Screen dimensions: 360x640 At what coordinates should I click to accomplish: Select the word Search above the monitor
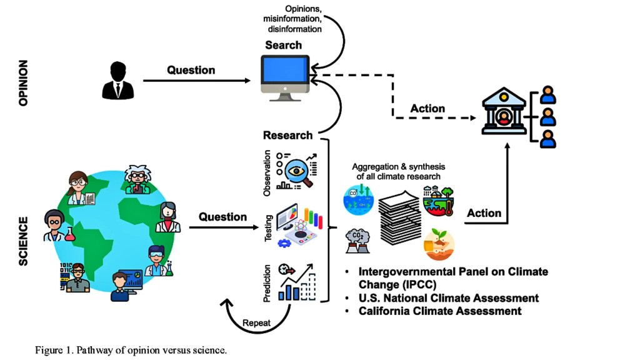point(283,45)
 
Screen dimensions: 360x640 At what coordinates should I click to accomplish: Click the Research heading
point(287,135)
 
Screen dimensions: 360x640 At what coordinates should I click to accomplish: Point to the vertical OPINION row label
point(24,82)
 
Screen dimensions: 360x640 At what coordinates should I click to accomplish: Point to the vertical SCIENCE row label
point(24,241)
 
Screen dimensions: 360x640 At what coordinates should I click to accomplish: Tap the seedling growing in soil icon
point(439,244)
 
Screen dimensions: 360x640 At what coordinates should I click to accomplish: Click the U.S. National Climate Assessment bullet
point(448,297)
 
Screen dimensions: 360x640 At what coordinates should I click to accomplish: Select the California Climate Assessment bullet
point(439,311)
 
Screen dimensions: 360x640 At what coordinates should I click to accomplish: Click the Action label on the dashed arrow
point(427,109)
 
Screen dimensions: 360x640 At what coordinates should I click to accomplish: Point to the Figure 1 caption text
point(131,349)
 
